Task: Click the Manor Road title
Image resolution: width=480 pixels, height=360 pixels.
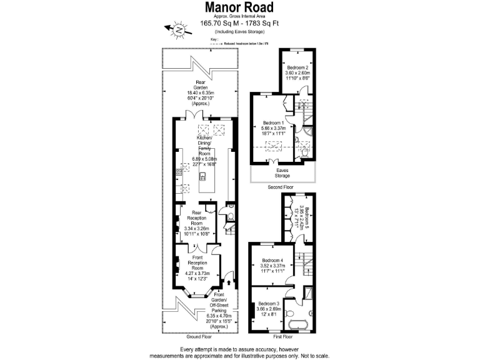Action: tap(240, 7)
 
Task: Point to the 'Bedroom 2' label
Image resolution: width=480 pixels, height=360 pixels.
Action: tap(297, 67)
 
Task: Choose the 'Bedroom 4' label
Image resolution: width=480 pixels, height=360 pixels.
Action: tap(272, 260)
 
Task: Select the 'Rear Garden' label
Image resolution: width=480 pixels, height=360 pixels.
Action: tap(200, 84)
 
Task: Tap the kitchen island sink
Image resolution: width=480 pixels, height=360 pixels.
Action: tap(201, 177)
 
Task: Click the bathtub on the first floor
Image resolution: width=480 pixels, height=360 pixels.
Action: tap(296, 325)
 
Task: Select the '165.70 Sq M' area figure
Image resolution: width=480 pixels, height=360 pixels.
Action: tap(217, 24)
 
